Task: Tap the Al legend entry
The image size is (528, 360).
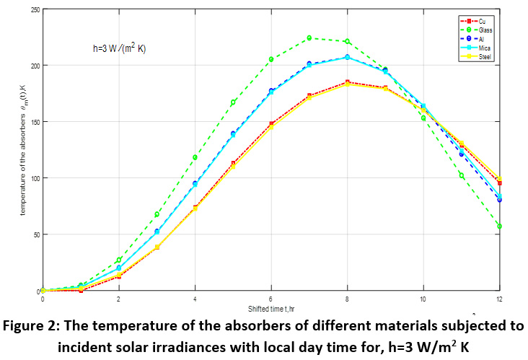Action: (479, 40)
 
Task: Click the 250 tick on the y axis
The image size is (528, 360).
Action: (34, 9)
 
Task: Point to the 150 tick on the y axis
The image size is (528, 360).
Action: (34, 121)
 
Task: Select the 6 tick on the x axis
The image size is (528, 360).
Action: (271, 297)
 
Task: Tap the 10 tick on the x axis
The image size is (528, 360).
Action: (423, 297)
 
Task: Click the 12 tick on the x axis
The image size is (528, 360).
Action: (499, 297)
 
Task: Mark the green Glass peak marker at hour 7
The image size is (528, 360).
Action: (309, 38)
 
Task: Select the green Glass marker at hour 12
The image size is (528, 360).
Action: (499, 227)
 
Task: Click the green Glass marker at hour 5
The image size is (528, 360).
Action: (233, 102)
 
